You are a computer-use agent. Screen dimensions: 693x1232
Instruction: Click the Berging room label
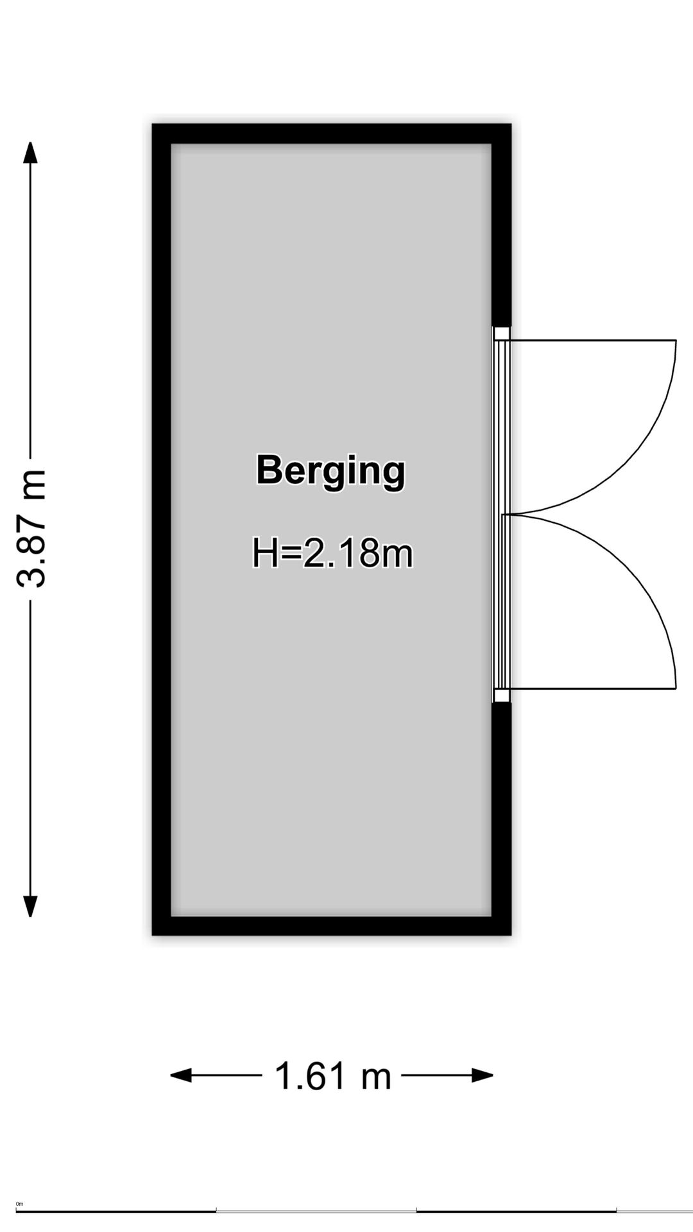pyautogui.click(x=330, y=471)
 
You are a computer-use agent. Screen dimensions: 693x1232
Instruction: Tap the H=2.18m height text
pyautogui.click(x=332, y=552)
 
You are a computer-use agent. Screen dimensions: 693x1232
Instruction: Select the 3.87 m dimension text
pyautogui.click(x=31, y=529)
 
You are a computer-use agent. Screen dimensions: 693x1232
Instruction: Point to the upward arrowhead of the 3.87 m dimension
pyautogui.click(x=30, y=153)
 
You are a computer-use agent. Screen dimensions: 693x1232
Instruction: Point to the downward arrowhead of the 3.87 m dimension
pyautogui.click(x=30, y=906)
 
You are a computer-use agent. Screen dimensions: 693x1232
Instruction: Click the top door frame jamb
pyautogui.click(x=502, y=334)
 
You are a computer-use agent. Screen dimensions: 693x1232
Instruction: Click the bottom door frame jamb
pyautogui.click(x=502, y=696)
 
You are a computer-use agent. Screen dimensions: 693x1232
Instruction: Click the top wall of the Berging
pyautogui.click(x=331, y=133)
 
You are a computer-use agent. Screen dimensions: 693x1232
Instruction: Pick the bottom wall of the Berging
pyautogui.click(x=331, y=925)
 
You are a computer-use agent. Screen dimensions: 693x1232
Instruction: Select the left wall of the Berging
pyautogui.click(x=161, y=529)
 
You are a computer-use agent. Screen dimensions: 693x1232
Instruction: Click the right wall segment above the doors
pyautogui.click(x=501, y=225)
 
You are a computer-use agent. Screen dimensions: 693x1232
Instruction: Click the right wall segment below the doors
pyautogui.click(x=501, y=819)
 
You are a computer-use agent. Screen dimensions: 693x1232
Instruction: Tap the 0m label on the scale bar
pyautogui.click(x=19, y=1204)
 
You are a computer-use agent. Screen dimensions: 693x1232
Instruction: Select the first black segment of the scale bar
pyautogui.click(x=116, y=1211)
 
